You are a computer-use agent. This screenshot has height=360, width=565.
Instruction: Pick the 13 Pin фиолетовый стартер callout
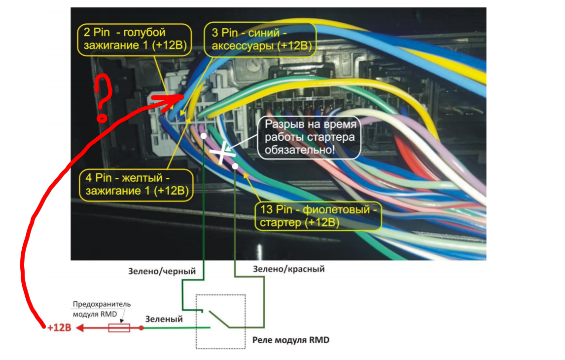(x=318, y=216)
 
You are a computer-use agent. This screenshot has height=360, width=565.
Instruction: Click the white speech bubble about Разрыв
(x=309, y=137)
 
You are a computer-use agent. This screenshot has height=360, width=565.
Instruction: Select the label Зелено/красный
(x=289, y=270)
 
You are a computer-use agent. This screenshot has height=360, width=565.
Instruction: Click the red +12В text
(x=59, y=328)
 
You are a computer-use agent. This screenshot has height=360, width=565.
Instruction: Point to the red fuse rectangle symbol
(x=119, y=327)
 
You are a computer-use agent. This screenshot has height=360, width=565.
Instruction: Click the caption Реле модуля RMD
(x=290, y=340)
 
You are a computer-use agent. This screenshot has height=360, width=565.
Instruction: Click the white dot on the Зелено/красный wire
(x=236, y=166)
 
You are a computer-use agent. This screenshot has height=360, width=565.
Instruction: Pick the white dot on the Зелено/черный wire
(x=203, y=135)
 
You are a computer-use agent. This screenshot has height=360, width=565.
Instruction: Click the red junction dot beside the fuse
(x=141, y=327)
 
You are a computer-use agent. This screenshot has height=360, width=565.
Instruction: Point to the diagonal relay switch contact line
(x=219, y=319)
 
